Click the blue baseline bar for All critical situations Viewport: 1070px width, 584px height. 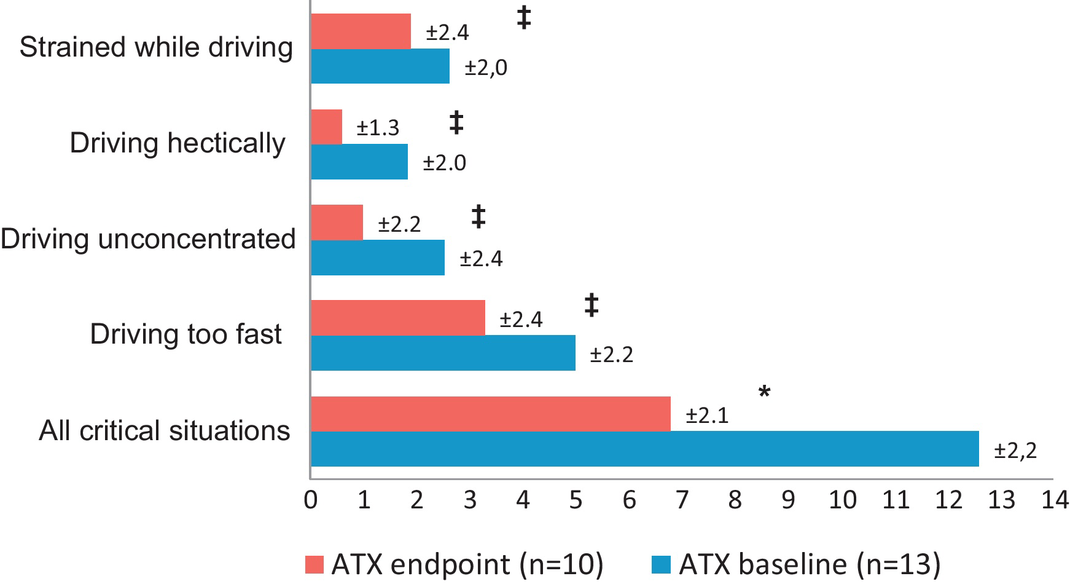pos(645,449)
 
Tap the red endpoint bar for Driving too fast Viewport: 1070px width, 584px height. pos(398,318)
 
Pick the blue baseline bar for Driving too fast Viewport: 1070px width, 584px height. pos(443,353)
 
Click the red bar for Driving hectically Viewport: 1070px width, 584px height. pos(326,127)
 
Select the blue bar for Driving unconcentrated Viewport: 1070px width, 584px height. pos(378,258)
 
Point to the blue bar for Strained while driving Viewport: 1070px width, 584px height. pos(380,66)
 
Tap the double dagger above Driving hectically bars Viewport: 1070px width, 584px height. pos(456,122)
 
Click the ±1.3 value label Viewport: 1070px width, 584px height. pos(378,128)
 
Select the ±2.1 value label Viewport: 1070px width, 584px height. pos(707,416)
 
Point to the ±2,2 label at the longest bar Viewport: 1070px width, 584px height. pos(1015,451)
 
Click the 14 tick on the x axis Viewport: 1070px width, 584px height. pos(1055,500)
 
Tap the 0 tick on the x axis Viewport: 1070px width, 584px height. pos(311,500)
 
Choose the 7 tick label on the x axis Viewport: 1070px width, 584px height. pos(682,500)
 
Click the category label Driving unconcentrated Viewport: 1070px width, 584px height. pos(148,239)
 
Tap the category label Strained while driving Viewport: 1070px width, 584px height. pos(156,47)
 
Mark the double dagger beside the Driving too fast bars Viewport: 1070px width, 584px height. pos(591,305)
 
